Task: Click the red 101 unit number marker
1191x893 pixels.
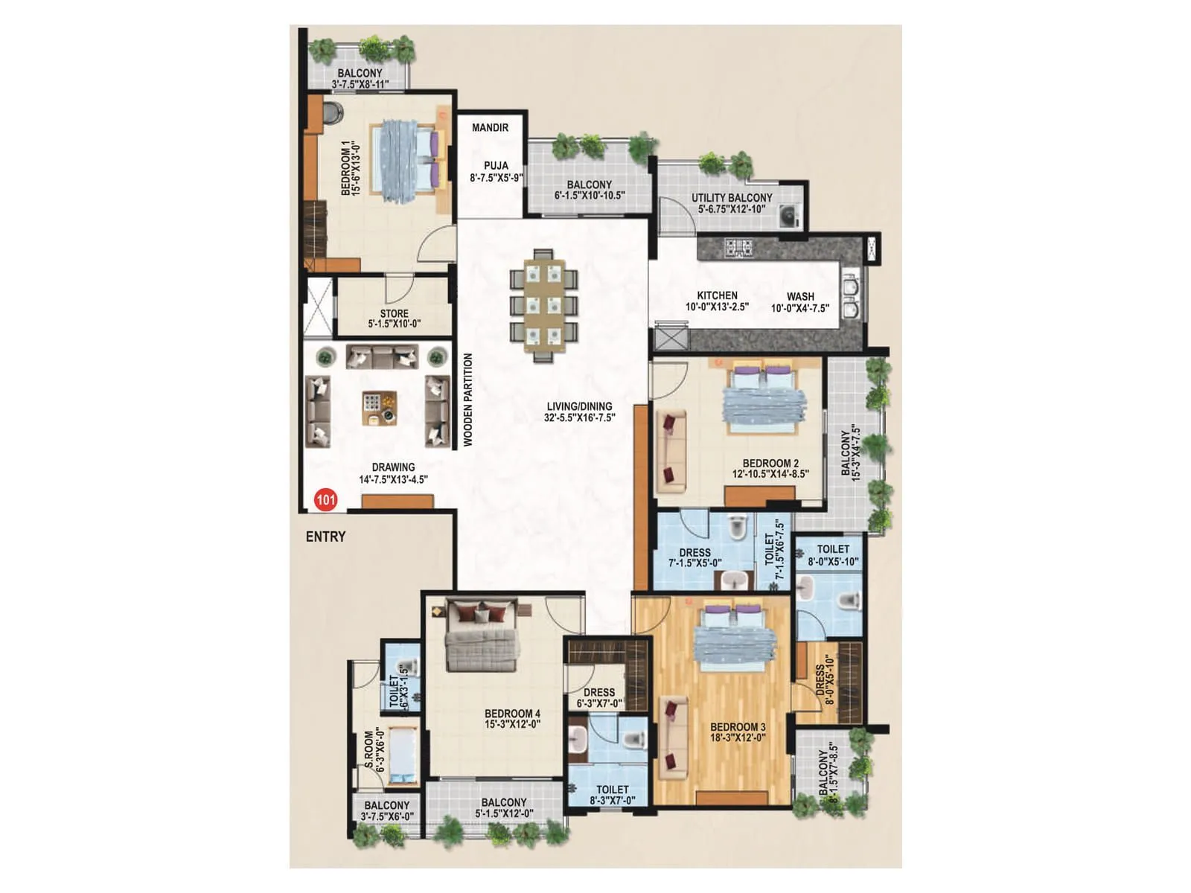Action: point(325,499)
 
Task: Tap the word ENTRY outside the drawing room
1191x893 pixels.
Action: point(325,537)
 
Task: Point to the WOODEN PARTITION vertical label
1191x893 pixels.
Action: point(468,400)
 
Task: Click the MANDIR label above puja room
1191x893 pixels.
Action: point(490,128)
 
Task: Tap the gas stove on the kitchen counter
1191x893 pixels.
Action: point(740,246)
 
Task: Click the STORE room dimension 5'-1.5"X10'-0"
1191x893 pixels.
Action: point(394,324)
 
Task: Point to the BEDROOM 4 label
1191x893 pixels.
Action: point(512,714)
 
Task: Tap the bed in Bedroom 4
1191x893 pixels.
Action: point(482,640)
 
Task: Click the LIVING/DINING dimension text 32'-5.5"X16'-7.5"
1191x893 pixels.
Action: point(579,418)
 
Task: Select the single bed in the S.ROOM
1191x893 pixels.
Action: point(403,756)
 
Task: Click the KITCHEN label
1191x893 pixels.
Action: point(717,295)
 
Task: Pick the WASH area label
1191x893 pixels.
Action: point(800,296)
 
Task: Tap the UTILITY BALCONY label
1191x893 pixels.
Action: point(732,198)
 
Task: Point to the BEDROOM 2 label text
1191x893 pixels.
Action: point(770,463)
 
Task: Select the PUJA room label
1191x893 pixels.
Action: point(496,166)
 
